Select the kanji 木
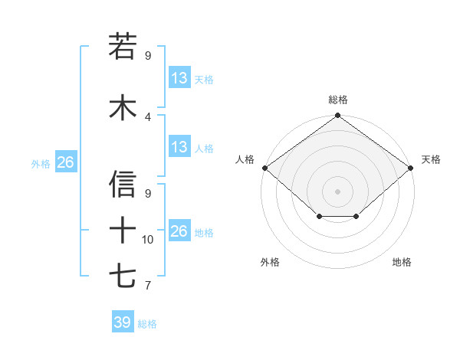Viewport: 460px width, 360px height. [123, 107]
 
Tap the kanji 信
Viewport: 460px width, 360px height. [123, 185]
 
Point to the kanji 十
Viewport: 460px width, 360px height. [123, 229]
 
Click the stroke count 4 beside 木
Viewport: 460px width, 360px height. [148, 117]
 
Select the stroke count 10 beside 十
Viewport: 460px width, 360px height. [148, 240]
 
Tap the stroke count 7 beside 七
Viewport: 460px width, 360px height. [148, 286]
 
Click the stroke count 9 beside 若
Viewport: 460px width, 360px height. [148, 56]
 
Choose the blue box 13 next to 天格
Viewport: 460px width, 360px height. [179, 78]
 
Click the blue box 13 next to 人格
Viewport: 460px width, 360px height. [179, 147]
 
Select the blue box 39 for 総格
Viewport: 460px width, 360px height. [122, 322]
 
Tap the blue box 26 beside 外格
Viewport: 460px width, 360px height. [66, 162]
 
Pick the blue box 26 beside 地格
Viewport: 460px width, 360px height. [179, 231]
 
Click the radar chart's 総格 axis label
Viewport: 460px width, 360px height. [338, 100]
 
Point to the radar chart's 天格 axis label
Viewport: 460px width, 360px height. [431, 159]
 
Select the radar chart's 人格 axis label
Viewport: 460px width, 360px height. [245, 159]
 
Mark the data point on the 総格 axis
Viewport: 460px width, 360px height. [337, 116]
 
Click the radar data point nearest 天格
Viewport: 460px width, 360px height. [412, 168]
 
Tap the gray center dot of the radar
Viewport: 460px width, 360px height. [337, 191]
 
